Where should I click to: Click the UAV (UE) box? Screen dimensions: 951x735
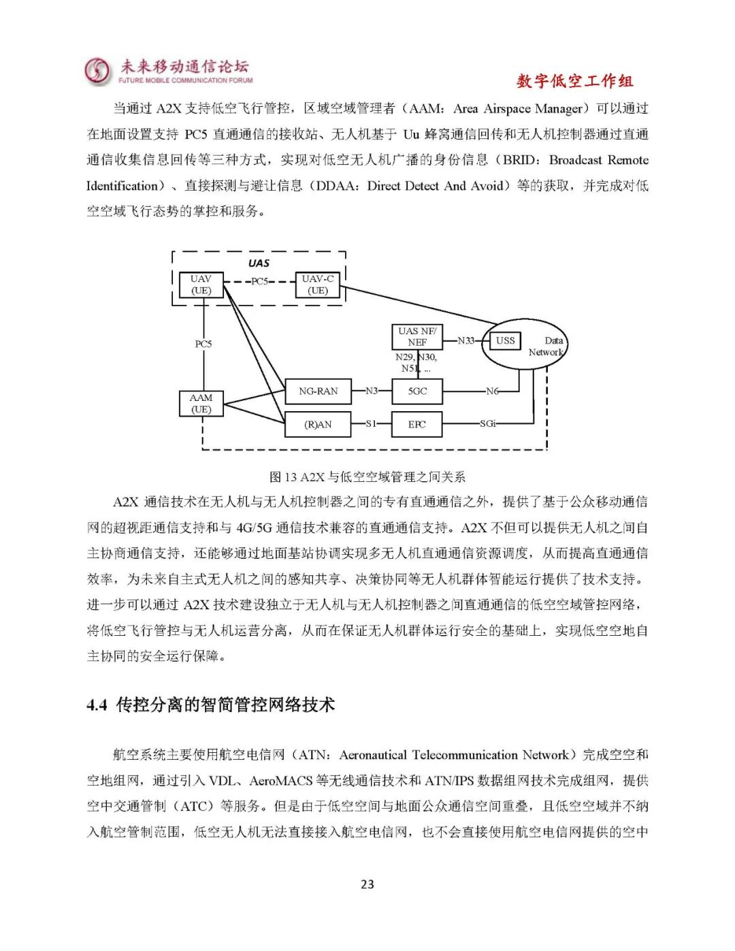(x=201, y=285)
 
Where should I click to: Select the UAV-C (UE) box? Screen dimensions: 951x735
(x=317, y=285)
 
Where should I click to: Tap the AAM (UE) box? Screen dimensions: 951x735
(x=201, y=404)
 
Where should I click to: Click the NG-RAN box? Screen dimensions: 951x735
(x=318, y=391)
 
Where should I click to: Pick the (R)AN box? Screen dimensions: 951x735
(x=318, y=424)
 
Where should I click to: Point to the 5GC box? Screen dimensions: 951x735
(x=417, y=391)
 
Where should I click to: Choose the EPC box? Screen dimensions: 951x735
(x=417, y=424)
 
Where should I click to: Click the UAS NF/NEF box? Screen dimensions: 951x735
(x=417, y=336)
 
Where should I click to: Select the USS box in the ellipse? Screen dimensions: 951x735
(x=506, y=340)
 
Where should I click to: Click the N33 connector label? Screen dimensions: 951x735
(x=466, y=340)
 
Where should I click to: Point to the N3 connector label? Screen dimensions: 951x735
(x=372, y=391)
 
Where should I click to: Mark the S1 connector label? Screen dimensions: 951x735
(x=371, y=423)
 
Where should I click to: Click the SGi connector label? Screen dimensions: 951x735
(x=487, y=423)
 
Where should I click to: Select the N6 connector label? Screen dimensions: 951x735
(x=492, y=391)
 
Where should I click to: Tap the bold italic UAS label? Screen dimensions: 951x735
(x=259, y=263)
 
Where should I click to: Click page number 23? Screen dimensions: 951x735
(x=367, y=884)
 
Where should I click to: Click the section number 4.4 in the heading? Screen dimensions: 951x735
(x=97, y=705)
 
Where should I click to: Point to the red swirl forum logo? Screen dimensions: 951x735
(x=97, y=71)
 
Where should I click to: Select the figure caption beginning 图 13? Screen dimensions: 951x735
(x=367, y=477)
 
